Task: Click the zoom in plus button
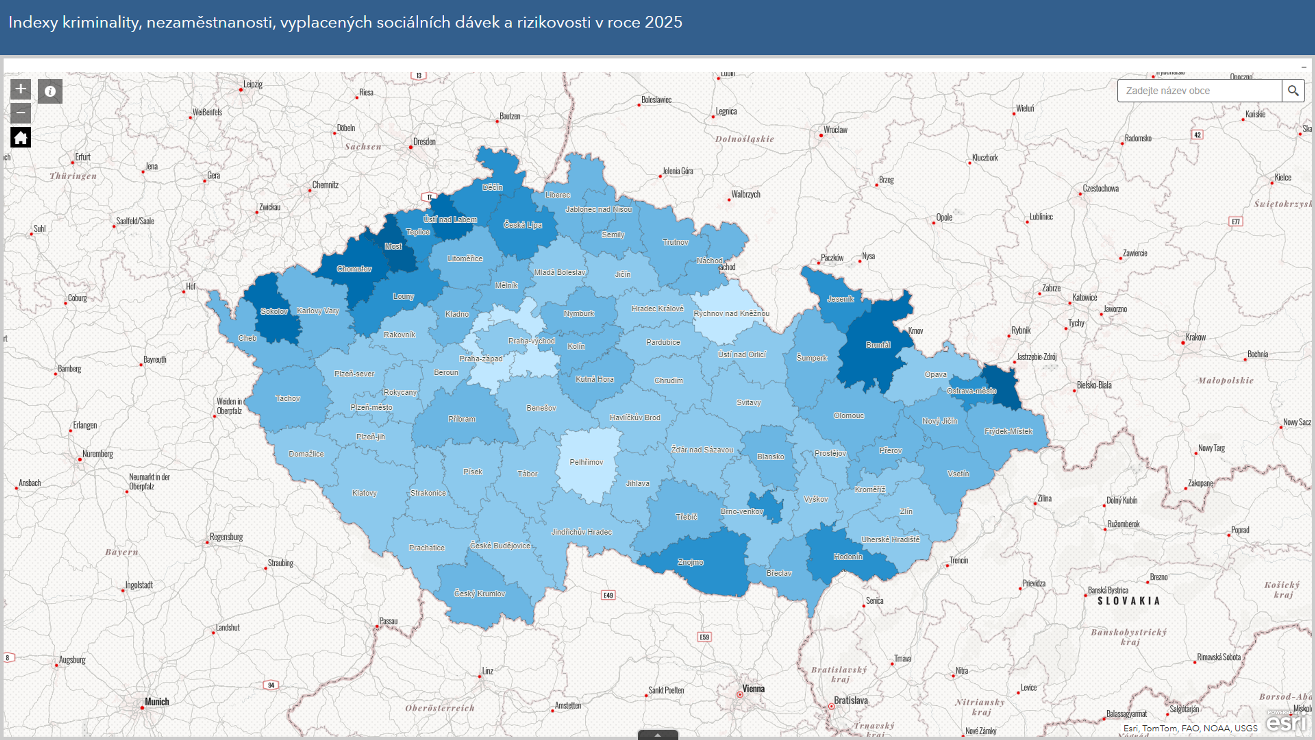[20, 89]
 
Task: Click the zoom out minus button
[20, 113]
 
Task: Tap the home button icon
[20, 137]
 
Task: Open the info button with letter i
[50, 91]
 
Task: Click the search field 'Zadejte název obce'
[1199, 91]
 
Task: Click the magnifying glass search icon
[1293, 91]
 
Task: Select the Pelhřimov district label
[586, 462]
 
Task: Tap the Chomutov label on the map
[354, 269]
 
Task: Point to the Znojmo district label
[690, 562]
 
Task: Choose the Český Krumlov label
[479, 594]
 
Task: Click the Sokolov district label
[274, 311]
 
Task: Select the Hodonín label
[848, 557]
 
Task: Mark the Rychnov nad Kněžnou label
[731, 314]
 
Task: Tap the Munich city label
[157, 702]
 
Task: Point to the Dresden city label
[424, 141]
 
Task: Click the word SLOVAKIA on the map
[1129, 601]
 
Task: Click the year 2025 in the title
[663, 22]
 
